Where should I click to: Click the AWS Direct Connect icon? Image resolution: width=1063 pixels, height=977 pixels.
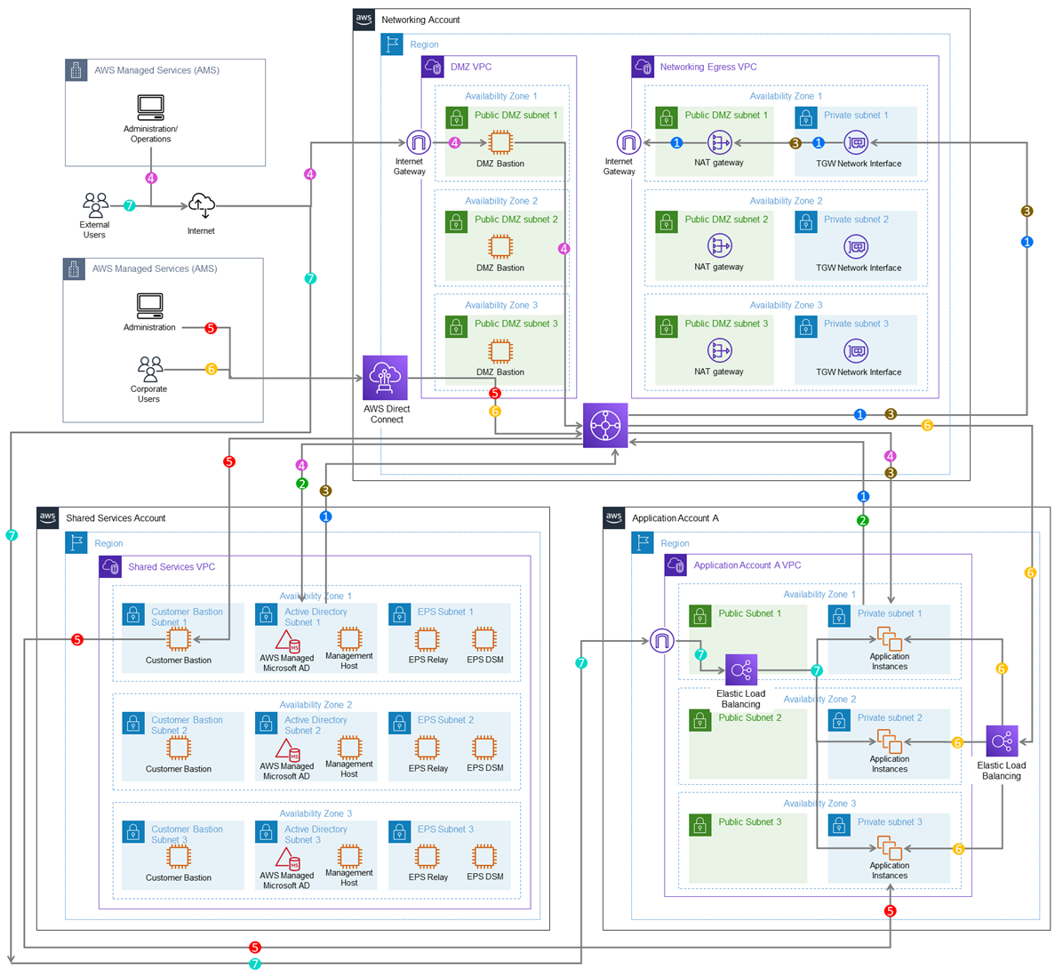point(385,378)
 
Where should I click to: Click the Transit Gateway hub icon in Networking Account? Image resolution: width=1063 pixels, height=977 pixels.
point(605,425)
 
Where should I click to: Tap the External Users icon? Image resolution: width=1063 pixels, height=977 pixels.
point(95,205)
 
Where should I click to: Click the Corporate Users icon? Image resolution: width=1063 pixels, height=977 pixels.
point(150,368)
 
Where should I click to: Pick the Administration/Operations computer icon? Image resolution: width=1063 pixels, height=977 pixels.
point(150,108)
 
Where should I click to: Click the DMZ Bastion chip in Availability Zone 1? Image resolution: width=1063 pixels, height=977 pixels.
point(500,142)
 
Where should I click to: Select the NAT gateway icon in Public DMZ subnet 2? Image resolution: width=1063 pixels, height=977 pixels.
point(719,246)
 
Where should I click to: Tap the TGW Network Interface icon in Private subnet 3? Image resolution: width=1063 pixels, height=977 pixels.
point(856,351)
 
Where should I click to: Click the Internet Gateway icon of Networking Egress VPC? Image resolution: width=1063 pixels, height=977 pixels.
point(628,142)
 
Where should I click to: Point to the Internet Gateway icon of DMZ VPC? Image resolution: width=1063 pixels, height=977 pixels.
point(419,142)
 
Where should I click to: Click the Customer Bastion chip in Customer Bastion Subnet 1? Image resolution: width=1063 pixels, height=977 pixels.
point(180,639)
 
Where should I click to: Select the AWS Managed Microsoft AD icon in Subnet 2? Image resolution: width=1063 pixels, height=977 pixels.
point(286,749)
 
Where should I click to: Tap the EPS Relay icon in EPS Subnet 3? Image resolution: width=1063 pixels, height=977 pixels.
point(428,857)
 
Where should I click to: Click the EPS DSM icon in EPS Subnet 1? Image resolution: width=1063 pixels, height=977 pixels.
point(484,639)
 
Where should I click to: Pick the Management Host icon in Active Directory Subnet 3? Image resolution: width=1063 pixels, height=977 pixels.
point(349,856)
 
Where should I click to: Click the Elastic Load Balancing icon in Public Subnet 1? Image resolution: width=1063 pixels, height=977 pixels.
point(740,670)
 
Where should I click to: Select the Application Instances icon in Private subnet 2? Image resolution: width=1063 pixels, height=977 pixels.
point(889,741)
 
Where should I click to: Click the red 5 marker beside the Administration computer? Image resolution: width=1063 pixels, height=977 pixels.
point(211,328)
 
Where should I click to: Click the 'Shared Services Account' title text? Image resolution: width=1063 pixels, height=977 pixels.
point(116,518)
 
